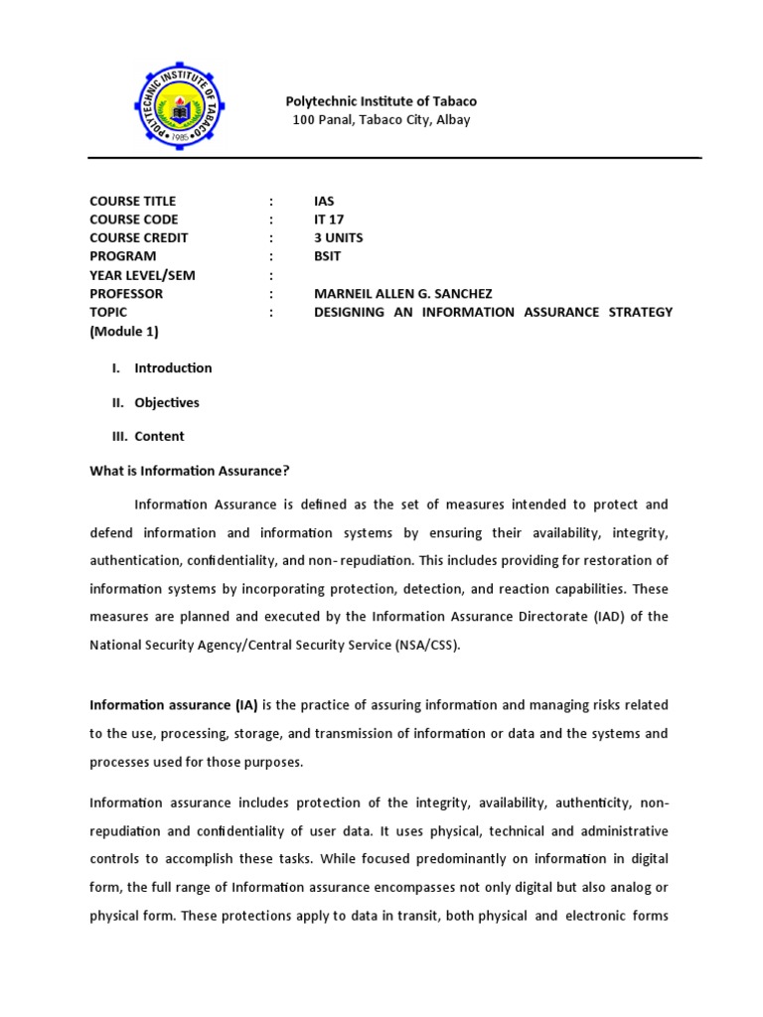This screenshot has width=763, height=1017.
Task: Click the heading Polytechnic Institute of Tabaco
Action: coord(381,101)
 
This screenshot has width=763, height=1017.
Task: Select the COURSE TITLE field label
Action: coord(133,201)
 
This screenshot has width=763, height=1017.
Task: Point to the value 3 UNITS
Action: coord(338,238)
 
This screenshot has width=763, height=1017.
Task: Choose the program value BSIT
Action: coord(327,256)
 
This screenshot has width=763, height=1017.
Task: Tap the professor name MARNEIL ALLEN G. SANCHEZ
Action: coord(403,294)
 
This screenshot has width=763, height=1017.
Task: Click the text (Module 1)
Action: coord(124,332)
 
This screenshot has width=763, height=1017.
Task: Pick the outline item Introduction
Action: coord(173,368)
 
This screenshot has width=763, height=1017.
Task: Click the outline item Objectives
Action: coord(167,403)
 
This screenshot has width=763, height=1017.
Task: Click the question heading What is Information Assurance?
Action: coord(189,471)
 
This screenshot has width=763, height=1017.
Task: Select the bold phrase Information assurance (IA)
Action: coord(174,705)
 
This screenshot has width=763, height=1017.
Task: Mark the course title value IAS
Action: coord(324,201)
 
